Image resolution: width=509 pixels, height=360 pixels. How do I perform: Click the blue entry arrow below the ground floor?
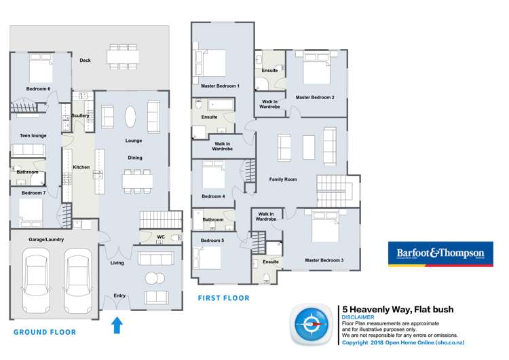tap(117, 325)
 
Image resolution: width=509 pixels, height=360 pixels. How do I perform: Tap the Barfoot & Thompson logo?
tap(440, 254)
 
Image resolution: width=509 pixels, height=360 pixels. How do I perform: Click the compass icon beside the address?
tap(314, 324)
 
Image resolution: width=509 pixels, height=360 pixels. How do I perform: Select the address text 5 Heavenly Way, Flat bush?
tap(397, 310)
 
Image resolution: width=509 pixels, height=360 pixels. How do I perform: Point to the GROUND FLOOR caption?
tap(45, 332)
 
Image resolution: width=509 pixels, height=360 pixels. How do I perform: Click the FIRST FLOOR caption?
tap(223, 298)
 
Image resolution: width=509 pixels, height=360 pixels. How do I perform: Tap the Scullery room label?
tap(81, 115)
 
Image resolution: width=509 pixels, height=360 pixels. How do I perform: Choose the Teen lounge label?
tap(30, 135)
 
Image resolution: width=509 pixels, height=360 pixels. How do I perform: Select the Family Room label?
tap(284, 179)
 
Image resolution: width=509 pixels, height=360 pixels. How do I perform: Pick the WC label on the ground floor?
tap(161, 237)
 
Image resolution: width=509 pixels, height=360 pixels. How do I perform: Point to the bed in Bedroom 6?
tap(40, 69)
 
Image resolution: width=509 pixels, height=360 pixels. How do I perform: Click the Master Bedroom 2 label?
tap(315, 97)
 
